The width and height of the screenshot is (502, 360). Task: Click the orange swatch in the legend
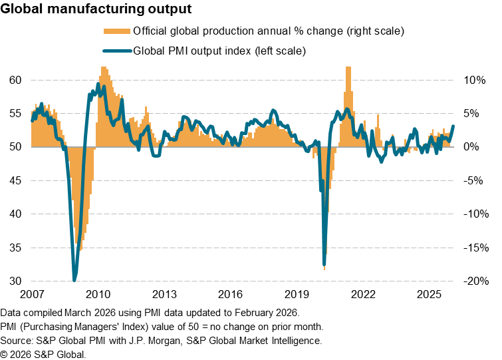click(x=117, y=31)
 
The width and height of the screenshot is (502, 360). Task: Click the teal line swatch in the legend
click(x=117, y=51)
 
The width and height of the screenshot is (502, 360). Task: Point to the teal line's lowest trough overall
click(x=74, y=279)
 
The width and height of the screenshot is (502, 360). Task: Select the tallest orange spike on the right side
click(x=348, y=69)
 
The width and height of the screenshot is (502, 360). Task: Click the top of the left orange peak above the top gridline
click(x=104, y=68)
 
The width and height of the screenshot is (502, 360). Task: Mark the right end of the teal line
click(x=453, y=126)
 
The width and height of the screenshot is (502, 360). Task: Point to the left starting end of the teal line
click(x=32, y=120)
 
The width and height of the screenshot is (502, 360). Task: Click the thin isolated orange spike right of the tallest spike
click(x=378, y=116)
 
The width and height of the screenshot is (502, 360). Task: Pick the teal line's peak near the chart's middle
click(x=274, y=110)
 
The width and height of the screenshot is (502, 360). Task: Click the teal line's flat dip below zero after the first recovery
click(x=156, y=156)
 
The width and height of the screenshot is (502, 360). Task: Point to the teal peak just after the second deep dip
click(x=347, y=109)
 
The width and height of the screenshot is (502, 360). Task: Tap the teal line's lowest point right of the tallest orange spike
click(x=382, y=161)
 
